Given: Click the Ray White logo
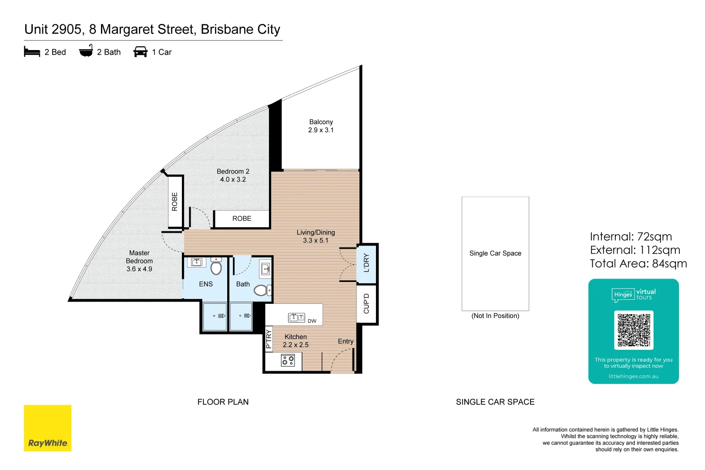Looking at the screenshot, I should (47, 428).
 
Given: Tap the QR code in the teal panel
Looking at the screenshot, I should (634, 330).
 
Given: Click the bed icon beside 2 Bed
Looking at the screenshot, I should (32, 52).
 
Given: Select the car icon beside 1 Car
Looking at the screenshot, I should (140, 52).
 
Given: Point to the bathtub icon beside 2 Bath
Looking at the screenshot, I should (86, 51).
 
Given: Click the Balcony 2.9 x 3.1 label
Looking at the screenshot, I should (321, 126).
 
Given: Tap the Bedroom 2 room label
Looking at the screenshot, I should (233, 175).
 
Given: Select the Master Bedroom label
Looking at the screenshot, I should (139, 261).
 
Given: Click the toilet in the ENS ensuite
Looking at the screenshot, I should (216, 267).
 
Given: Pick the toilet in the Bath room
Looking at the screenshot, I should (262, 290).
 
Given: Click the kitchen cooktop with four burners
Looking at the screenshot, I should (288, 360).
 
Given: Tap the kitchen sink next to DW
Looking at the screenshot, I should (296, 317).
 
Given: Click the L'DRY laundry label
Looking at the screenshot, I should (366, 263).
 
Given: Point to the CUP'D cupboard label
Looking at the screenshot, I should (366, 303).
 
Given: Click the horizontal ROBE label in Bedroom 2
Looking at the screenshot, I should (242, 218).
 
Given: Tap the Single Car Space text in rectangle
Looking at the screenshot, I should (495, 253).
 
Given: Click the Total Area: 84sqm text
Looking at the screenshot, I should (638, 264).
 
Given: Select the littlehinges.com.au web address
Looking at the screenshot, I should (633, 376).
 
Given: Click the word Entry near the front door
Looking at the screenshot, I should (346, 341).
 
